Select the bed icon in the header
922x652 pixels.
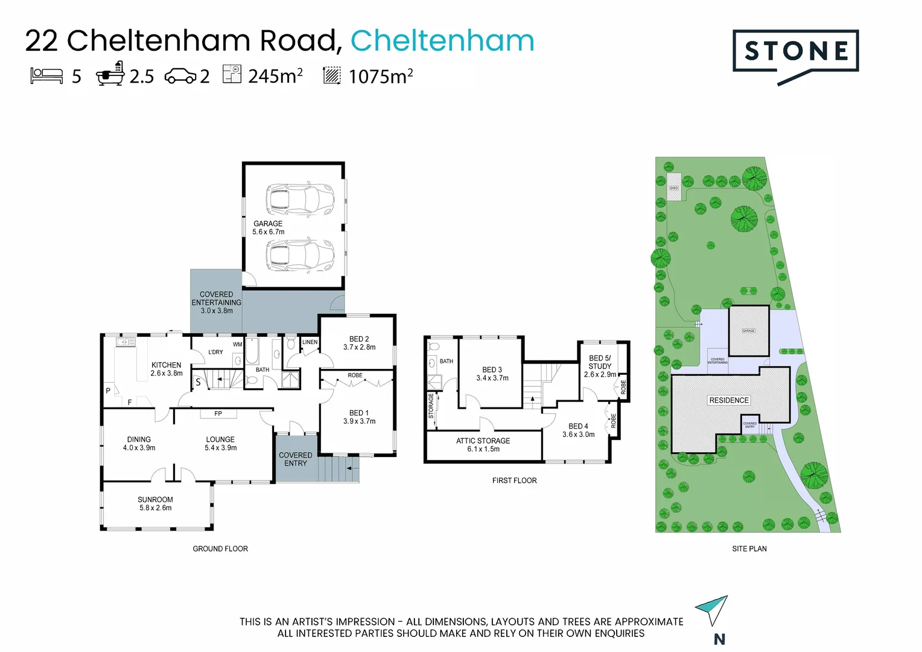(46, 76)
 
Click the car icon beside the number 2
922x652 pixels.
(180, 77)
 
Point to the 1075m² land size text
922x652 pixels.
(380, 77)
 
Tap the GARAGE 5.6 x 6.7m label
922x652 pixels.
(268, 228)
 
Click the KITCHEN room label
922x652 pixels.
(167, 369)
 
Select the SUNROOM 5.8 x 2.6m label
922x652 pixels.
(155, 503)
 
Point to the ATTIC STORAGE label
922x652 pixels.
(483, 445)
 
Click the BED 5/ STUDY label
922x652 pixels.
(600, 366)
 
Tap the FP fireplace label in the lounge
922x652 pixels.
(218, 414)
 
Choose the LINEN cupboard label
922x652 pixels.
(310, 342)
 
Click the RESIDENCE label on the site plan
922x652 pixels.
(729, 400)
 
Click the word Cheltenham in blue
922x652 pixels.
(442, 41)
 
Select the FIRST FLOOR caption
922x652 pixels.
(514, 481)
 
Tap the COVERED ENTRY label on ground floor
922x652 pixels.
(295, 459)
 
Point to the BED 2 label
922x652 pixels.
(359, 343)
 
